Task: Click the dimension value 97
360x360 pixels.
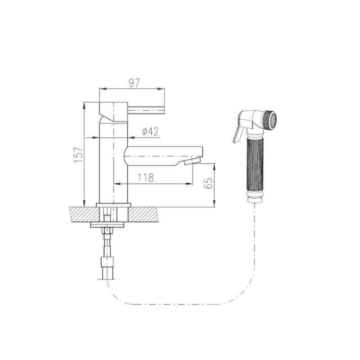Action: tap(134, 83)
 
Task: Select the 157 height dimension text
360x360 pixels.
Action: tap(79, 155)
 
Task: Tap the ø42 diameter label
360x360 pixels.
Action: tap(150, 132)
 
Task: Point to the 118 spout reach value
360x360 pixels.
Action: tap(146, 178)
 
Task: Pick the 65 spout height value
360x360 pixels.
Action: tap(208, 183)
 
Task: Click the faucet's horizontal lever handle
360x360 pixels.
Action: tap(146, 110)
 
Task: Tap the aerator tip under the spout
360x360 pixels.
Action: tap(193, 161)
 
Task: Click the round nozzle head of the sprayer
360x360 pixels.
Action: tap(270, 120)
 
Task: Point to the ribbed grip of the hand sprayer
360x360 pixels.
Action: tap(254, 165)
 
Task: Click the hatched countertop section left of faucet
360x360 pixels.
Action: tap(84, 215)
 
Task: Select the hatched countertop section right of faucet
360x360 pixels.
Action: tap(143, 215)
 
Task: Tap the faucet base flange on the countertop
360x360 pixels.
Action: tap(113, 205)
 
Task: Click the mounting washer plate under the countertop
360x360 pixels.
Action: tap(108, 225)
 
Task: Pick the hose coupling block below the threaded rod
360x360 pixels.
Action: tap(108, 262)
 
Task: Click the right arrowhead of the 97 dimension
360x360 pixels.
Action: tap(162, 89)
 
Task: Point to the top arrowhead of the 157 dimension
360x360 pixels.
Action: tap(84, 106)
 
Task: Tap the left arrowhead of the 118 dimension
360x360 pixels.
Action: tap(117, 184)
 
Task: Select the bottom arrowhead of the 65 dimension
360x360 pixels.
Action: tap(215, 203)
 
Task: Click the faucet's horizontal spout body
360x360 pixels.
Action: tap(163, 156)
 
